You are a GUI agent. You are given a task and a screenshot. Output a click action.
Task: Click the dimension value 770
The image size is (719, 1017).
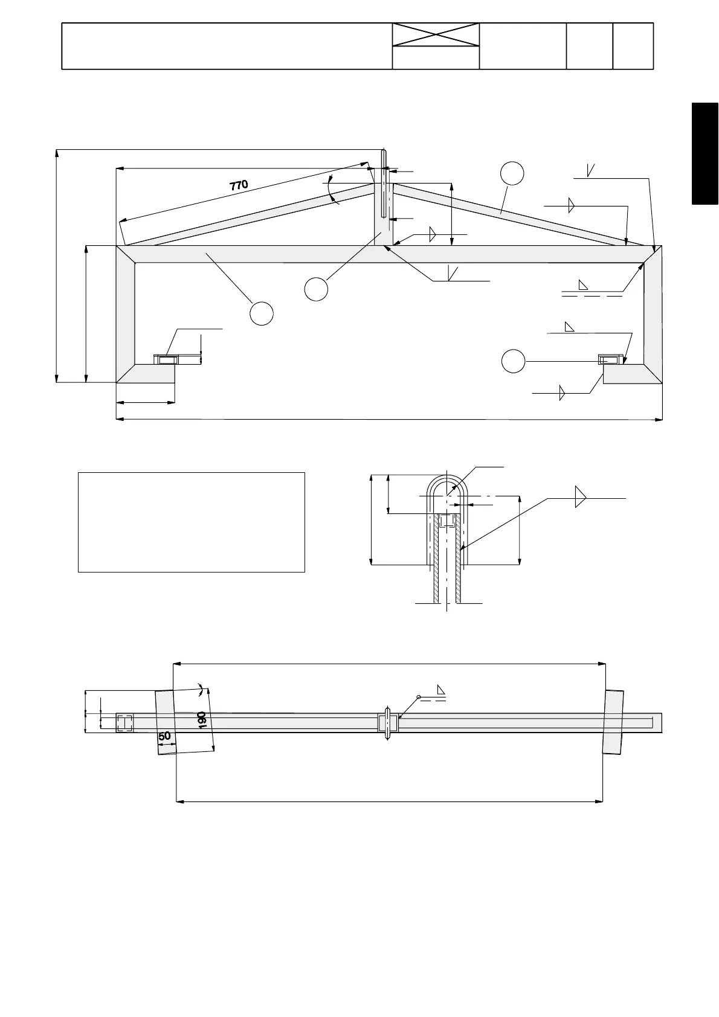tap(239, 185)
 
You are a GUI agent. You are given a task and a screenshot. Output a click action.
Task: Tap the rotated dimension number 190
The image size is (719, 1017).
tap(202, 719)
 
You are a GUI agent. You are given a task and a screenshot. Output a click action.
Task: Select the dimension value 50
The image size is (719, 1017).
tap(164, 737)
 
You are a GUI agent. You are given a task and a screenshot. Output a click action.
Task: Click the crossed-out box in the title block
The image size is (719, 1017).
tap(436, 35)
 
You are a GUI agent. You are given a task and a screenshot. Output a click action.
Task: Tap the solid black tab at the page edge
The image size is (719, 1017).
tap(705, 154)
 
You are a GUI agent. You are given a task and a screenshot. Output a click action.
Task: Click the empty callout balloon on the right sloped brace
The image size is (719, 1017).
tap(512, 173)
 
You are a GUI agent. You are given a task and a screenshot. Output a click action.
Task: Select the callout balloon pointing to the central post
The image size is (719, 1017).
tap(316, 289)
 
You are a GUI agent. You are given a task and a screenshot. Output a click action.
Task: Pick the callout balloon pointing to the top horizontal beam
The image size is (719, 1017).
tap(262, 314)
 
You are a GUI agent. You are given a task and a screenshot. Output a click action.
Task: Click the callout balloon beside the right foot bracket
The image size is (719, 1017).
tap(513, 361)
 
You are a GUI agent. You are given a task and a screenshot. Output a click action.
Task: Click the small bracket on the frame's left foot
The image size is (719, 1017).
tap(166, 360)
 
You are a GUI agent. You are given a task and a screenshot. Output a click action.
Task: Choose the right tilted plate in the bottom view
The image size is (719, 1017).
tap(613, 722)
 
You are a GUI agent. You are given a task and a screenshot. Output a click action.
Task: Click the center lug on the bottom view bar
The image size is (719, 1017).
tap(388, 722)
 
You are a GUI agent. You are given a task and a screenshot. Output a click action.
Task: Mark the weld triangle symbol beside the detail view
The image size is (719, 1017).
tap(581, 497)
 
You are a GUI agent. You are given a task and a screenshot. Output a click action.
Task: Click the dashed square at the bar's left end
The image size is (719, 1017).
tap(124, 723)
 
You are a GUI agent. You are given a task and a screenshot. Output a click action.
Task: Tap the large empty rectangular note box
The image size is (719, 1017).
tap(191, 522)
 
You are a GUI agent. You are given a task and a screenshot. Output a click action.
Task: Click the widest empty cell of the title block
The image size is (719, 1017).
tap(227, 47)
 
